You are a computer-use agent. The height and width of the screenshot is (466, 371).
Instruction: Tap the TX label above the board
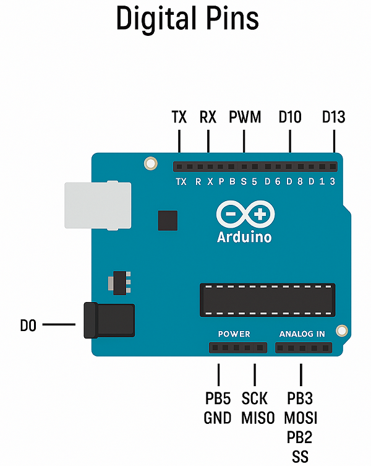point(179,117)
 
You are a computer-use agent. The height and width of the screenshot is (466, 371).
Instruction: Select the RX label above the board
point(208,117)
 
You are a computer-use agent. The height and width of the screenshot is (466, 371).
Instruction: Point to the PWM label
point(245,117)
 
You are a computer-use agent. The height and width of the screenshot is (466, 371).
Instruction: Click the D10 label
point(290,117)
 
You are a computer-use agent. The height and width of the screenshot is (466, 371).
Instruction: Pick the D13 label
point(333,117)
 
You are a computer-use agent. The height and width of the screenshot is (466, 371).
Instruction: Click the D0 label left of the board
point(28,326)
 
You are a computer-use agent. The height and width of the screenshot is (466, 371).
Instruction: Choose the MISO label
point(258,418)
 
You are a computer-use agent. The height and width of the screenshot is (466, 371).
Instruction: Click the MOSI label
point(301,418)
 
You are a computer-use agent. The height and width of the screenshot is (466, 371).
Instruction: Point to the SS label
point(301,457)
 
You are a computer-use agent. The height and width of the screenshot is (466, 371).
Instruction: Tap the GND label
point(218,418)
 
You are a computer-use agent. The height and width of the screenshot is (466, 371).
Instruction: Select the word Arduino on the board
point(244,237)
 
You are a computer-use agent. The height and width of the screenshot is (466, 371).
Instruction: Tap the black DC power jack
point(109,321)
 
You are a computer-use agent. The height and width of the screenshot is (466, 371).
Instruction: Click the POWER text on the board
point(234,334)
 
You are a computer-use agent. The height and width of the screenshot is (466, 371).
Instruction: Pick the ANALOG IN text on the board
point(302,334)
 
